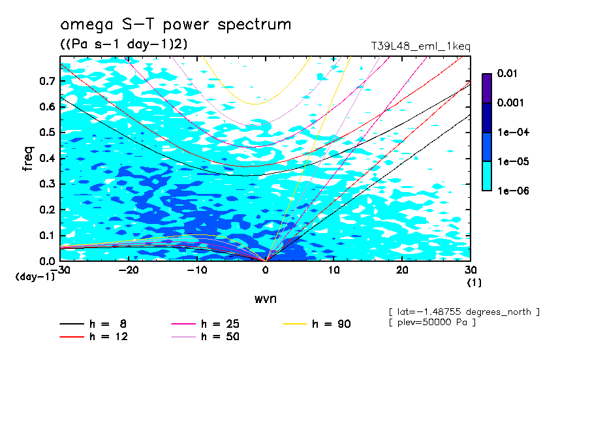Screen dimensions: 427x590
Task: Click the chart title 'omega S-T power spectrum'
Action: point(176,25)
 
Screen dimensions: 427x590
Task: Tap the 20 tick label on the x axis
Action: point(402,269)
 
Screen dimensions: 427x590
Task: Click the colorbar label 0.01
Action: point(507,74)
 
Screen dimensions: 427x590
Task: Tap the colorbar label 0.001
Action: point(510,103)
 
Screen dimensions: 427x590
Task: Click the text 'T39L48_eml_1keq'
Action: point(420,46)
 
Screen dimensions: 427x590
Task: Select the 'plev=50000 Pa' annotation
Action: point(431,323)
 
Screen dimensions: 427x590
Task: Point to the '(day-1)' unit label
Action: point(35,277)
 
